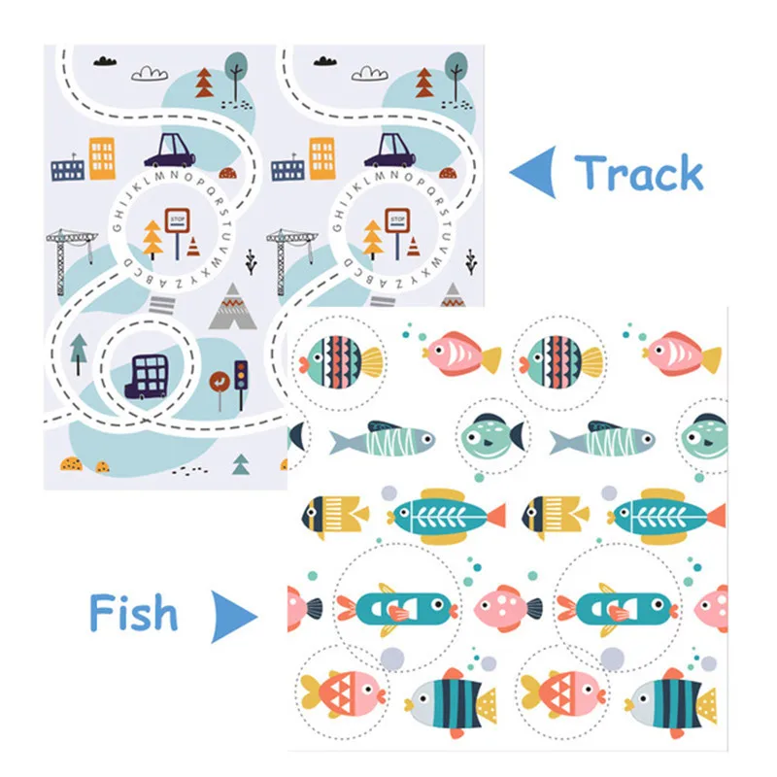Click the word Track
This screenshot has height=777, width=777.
pyautogui.click(x=638, y=173)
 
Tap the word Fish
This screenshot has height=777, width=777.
pyautogui.click(x=133, y=613)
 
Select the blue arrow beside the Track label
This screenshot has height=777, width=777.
pyautogui.click(x=533, y=173)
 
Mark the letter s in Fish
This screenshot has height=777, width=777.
pyautogui.click(x=141, y=617)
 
